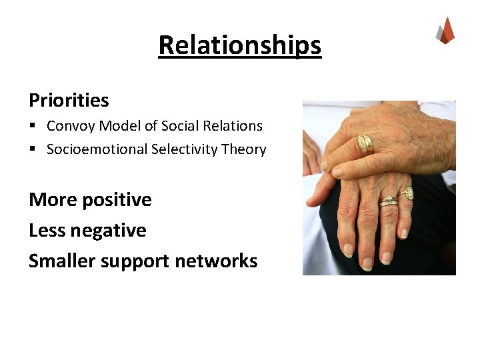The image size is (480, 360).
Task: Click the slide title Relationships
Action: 240,45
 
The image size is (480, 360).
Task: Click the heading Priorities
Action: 69,101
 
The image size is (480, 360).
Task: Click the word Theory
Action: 245,149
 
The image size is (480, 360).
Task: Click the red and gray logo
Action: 445,31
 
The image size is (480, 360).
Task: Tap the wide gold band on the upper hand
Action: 365,144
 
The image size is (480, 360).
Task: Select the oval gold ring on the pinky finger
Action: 408,193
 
